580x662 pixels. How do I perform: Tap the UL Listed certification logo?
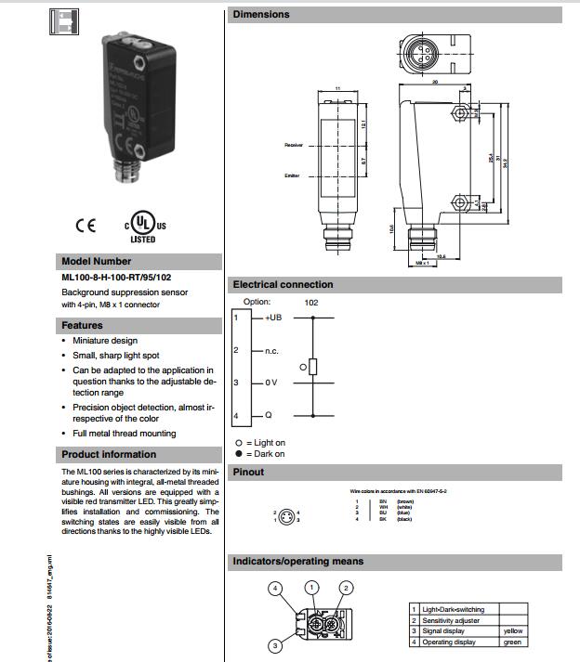(138, 227)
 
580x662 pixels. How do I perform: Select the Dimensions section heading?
(261, 14)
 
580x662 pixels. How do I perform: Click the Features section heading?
(82, 325)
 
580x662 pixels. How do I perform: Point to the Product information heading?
(109, 454)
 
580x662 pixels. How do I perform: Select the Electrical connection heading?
(283, 284)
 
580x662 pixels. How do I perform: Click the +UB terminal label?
(272, 318)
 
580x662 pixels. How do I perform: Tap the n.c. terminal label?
(271, 350)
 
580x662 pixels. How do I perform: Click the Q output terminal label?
(268, 415)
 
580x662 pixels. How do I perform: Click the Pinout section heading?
(248, 472)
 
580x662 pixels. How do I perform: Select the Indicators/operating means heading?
(297, 561)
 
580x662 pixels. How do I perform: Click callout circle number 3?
(275, 645)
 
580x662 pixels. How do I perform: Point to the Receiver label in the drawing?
(294, 145)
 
